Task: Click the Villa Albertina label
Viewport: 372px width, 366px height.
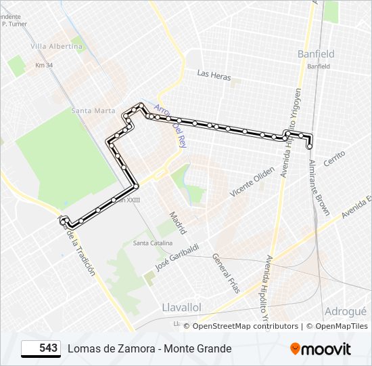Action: click(x=57, y=47)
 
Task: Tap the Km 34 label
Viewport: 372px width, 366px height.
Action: click(x=44, y=66)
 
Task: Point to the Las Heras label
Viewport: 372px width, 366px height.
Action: click(x=214, y=75)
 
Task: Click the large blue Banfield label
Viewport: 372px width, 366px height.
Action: click(x=316, y=54)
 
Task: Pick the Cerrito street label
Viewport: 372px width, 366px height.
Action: click(x=335, y=159)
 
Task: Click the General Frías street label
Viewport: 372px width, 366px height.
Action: click(x=226, y=272)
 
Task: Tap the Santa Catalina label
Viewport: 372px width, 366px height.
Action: click(x=152, y=243)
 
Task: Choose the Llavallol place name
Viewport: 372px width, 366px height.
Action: click(x=182, y=307)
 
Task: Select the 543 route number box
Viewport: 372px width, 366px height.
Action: click(x=41, y=348)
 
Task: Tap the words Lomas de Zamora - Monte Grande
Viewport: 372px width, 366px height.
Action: click(x=149, y=348)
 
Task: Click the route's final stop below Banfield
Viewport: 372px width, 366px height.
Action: click(x=310, y=146)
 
